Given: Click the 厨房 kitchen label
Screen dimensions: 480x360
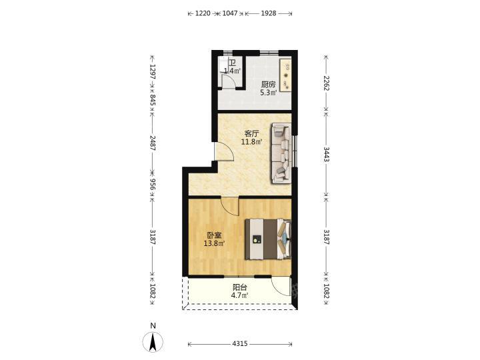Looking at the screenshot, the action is pos(268,84).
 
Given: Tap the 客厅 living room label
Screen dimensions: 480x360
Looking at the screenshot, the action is pos(252,134).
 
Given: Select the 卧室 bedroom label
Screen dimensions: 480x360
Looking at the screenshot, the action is pos(214,235).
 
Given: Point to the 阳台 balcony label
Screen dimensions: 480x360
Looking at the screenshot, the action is pos(240,287).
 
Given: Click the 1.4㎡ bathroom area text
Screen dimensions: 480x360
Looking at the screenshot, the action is pos(233,71).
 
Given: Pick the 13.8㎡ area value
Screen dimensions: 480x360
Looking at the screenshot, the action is pos(214,244).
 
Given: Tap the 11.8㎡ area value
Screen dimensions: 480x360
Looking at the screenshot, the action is pos(252,142).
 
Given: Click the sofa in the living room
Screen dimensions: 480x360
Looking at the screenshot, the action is pos(281,153).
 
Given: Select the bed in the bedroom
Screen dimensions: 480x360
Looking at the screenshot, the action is pos(268,239).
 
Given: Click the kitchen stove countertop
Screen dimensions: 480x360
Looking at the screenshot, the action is pos(285,75).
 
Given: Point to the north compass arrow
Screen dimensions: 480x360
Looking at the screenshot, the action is pos(153,341).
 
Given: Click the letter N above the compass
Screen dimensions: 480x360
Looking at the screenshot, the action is pos(153,325).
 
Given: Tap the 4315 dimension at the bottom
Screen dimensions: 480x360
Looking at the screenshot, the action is pos(240,344).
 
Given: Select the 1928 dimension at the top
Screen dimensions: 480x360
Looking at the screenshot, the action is pos(269,13).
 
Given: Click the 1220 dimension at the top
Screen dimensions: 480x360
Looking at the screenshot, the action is pos(203,13).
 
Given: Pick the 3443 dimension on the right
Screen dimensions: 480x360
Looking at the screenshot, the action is pos(326,155).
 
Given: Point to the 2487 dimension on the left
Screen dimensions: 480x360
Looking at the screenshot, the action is pos(152,143).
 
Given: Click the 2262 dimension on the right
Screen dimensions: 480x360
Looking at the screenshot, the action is pos(326,83).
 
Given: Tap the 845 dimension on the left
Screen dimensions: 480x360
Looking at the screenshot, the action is pos(152,100).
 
